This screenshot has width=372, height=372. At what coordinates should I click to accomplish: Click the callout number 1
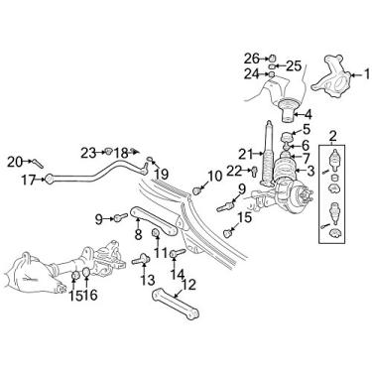tap(367, 74)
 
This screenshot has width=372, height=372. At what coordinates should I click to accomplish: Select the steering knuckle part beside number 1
tap(330, 76)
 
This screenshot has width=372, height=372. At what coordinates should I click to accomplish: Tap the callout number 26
tap(252, 59)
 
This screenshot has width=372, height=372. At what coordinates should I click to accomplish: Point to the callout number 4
tap(308, 115)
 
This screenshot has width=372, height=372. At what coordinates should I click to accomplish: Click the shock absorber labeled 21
tap(268, 155)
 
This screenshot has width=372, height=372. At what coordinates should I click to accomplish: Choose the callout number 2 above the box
tap(332, 135)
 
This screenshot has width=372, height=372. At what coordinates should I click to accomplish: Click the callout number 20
tap(15, 162)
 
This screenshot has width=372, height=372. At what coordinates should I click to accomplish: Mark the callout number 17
tap(29, 181)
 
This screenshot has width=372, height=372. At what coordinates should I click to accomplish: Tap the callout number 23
tap(88, 153)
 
